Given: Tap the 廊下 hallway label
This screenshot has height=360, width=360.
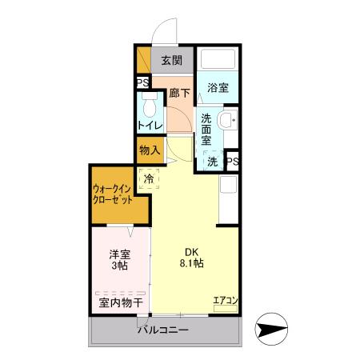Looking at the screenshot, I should [x=179, y=93].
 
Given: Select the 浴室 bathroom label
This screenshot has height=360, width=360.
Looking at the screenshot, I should [x=218, y=88].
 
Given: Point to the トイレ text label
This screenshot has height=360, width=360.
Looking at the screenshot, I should [x=150, y=126].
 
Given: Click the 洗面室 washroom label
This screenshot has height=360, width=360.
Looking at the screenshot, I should [x=206, y=129].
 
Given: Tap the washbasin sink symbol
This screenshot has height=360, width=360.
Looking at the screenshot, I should [x=226, y=122].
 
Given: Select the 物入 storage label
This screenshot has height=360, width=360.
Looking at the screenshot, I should [x=150, y=150].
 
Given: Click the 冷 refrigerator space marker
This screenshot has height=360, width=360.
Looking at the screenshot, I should [x=150, y=178].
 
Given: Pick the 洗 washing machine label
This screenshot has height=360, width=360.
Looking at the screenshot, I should [x=212, y=161].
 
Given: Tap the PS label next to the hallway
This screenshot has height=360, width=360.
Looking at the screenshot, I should [x=142, y=83].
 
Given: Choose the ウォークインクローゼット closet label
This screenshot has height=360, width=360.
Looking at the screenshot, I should [x=117, y=195].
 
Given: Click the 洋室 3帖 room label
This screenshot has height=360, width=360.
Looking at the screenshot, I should [x=119, y=261].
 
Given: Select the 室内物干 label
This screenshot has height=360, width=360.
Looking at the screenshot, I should [x=120, y=303].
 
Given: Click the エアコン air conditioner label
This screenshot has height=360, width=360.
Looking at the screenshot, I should [x=225, y=302].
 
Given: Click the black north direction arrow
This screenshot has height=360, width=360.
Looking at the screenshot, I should [x=270, y=329].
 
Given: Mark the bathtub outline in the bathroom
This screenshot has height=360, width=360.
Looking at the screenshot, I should [x=218, y=61].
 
